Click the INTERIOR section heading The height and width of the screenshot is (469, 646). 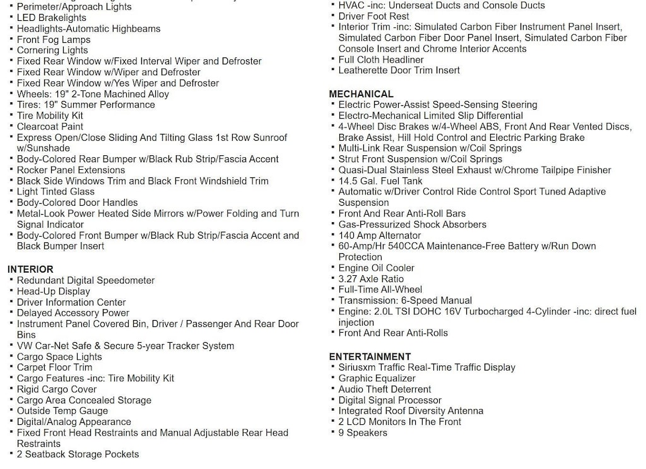[x=30, y=270]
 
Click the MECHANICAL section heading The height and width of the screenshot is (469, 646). [x=361, y=94]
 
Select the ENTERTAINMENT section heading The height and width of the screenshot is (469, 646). [x=370, y=357]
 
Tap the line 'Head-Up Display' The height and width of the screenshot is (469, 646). [x=53, y=292]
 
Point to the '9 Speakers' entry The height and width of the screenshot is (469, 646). [x=363, y=433]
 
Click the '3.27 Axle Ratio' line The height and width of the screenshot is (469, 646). [x=371, y=279]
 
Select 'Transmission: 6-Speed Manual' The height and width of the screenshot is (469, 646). [x=405, y=301]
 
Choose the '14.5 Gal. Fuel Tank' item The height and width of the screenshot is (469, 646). [x=380, y=181]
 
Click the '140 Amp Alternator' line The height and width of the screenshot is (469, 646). [x=380, y=235]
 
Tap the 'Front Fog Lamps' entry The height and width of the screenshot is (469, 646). [x=54, y=40]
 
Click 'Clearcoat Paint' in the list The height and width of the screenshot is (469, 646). [x=50, y=127]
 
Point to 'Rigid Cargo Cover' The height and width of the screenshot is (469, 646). [x=57, y=389]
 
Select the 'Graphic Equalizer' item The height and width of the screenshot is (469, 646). [x=377, y=379]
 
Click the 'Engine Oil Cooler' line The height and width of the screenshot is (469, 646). [x=377, y=268]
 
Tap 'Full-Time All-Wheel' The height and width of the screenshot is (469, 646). [x=380, y=290]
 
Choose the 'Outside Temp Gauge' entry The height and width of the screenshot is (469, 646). [x=62, y=411]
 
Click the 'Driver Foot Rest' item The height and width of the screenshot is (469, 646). [x=373, y=16]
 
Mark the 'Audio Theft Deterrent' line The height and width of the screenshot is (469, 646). [x=385, y=389]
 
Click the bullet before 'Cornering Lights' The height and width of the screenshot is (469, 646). [x=11, y=50]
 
